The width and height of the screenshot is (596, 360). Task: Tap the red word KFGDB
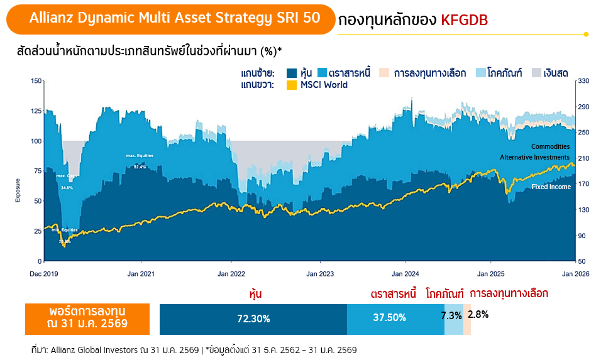[x=465, y=20]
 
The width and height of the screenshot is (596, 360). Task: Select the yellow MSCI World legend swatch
[x=292, y=85]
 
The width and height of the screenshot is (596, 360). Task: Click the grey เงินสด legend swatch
[x=538, y=73]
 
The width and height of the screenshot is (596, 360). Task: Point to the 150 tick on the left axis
[x=36, y=81]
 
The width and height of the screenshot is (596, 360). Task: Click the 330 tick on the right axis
[x=582, y=81]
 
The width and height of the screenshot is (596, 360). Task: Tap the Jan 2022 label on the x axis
[x=231, y=274]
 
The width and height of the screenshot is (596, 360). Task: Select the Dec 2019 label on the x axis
[x=45, y=274]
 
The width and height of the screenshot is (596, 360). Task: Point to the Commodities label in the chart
[x=550, y=146]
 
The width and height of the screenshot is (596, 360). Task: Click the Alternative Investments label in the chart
[x=534, y=157]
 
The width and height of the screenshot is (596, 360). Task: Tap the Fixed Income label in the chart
[x=551, y=187]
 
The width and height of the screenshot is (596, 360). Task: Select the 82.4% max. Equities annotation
[x=140, y=167]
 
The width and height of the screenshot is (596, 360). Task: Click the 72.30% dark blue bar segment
[x=253, y=319]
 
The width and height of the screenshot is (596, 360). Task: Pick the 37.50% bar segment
[x=389, y=318]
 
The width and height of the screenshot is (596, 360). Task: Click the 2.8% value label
[x=478, y=314]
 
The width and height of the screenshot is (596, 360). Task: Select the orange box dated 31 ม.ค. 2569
[x=87, y=318]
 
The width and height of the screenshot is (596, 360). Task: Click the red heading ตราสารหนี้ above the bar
[x=394, y=293]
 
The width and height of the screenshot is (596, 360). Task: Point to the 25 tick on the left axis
[x=38, y=231]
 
